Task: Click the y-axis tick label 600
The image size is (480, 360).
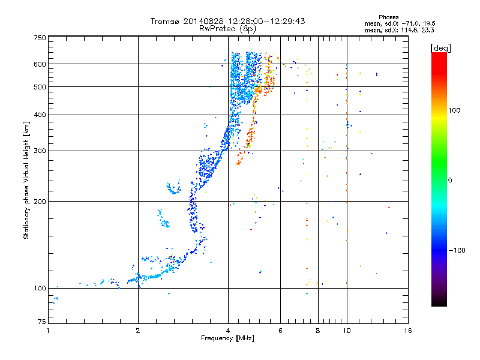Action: point(39,64)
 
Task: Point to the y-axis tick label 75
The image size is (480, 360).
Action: point(41,323)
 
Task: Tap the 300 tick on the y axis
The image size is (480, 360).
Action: point(39,151)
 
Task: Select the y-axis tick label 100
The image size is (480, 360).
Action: point(39,289)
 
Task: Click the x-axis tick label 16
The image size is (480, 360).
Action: point(407,331)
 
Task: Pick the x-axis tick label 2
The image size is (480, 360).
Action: point(138,331)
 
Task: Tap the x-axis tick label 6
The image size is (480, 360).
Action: point(280,331)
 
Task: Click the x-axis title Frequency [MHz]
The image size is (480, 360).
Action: point(227,339)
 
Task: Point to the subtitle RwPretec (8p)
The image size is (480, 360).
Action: point(227,28)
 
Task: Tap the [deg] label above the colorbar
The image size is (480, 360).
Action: point(441,48)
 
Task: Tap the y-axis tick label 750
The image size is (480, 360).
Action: point(39,38)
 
